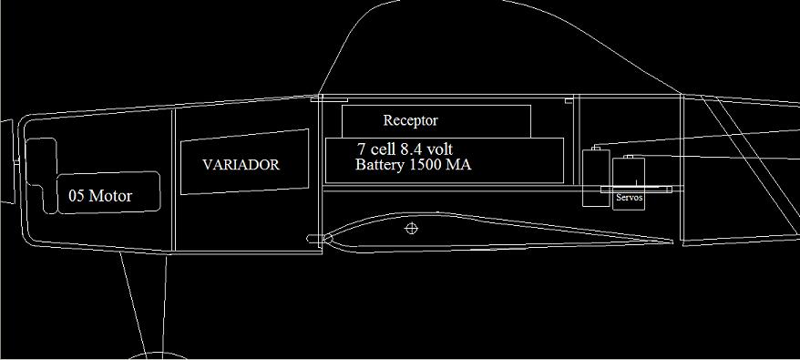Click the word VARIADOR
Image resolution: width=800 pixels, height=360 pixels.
(x=241, y=165)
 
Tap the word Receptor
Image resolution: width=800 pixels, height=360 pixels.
(x=410, y=120)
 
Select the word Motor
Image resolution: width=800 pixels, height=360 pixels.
(x=110, y=196)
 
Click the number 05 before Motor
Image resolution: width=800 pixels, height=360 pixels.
(x=77, y=196)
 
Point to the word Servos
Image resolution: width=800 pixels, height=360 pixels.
(x=629, y=197)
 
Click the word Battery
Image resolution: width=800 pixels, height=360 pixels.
(x=381, y=166)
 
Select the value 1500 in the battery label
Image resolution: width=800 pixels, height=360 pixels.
(x=426, y=166)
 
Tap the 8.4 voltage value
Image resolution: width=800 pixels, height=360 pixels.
(x=412, y=149)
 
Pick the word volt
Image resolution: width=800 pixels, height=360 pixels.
(x=440, y=149)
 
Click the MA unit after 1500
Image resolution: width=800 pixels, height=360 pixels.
(x=458, y=166)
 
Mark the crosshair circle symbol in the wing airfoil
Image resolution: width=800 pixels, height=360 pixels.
(x=411, y=228)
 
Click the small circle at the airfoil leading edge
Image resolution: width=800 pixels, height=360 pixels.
(x=327, y=238)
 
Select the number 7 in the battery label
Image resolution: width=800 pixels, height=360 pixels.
(x=361, y=149)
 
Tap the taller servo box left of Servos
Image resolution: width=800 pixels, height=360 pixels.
(x=597, y=177)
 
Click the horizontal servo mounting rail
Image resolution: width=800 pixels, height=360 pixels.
(x=636, y=190)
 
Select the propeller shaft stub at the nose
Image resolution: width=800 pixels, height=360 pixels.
(x=7, y=161)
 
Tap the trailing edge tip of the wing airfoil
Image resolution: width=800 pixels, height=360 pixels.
(x=672, y=242)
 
